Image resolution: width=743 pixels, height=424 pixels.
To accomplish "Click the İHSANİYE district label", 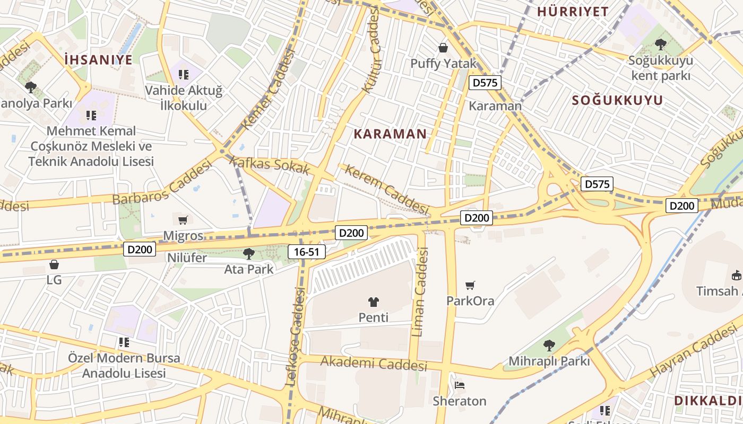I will [x=98, y=59].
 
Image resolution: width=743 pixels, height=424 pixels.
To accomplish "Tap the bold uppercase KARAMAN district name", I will [x=390, y=134].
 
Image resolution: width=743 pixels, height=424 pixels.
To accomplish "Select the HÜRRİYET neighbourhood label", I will [x=573, y=12].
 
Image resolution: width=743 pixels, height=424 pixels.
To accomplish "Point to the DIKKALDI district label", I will [x=708, y=401].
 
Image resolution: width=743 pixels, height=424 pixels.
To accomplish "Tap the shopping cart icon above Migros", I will [x=183, y=220].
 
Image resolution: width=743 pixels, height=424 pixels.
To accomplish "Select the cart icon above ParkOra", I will [x=470, y=286].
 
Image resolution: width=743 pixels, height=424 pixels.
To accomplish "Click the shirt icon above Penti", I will [x=374, y=302].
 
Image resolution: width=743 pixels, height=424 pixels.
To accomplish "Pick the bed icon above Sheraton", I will [x=460, y=385].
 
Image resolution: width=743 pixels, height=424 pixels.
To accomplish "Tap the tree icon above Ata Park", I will [x=248, y=254].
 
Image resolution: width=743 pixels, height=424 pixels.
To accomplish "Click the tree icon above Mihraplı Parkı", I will [x=549, y=346].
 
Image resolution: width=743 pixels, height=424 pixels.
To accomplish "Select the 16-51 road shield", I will [x=306, y=252].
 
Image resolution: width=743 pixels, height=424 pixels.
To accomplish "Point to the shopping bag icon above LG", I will [x=54, y=264].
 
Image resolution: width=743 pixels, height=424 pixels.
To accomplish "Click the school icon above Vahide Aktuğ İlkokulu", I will [x=184, y=75].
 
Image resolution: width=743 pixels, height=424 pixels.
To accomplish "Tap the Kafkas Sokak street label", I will [x=270, y=165].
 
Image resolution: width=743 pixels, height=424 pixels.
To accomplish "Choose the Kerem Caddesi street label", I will [x=386, y=189].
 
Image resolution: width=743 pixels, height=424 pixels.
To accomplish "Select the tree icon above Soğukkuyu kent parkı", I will [x=660, y=45].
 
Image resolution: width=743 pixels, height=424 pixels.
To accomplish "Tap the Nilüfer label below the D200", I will [x=187, y=258].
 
